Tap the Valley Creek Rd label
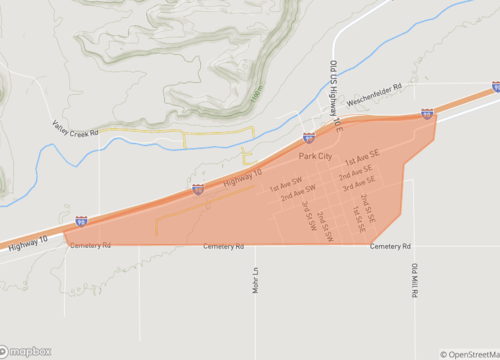75,128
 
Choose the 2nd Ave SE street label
356,172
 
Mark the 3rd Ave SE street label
358,184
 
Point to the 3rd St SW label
308,216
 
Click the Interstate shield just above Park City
310,137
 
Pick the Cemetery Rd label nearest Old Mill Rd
389,246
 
